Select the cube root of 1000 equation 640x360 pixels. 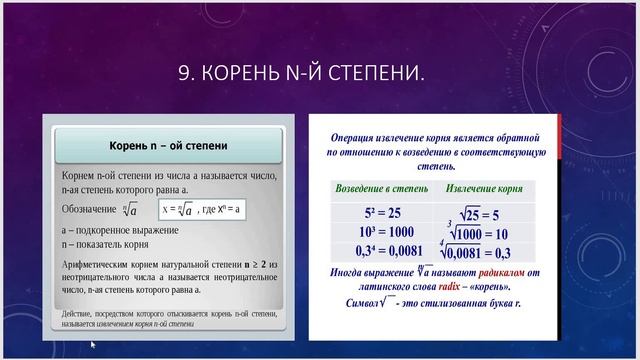click(x=482, y=232)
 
